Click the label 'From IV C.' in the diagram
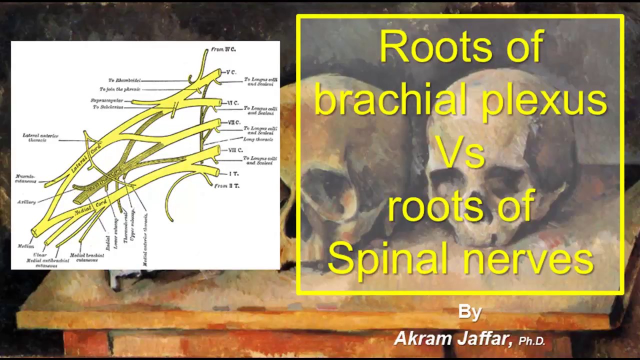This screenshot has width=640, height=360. coord(223,49)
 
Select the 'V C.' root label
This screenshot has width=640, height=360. coord(230,72)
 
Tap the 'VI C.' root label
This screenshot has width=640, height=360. coord(232,103)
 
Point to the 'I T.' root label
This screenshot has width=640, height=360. coord(233,173)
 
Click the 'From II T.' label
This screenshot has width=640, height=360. coord(226,186)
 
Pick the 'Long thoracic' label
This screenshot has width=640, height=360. coord(258,139)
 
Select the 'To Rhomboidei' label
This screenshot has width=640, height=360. coord(124,80)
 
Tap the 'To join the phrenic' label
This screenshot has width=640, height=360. coord(120,89)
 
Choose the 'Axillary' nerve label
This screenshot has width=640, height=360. coord(26,202)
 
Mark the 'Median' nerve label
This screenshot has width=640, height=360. coord(26,246)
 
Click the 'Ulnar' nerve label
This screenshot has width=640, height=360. coord(40,255)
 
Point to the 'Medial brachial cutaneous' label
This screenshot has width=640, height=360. coord(87,257)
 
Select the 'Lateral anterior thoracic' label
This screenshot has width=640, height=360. coord(40,138)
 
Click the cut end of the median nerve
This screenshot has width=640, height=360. coord(35,232)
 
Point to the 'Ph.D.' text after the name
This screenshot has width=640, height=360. coord(531,341)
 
